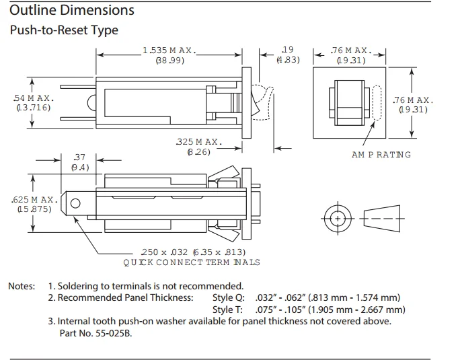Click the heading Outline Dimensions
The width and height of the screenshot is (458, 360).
[72, 10]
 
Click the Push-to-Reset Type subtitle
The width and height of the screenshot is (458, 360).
[64, 30]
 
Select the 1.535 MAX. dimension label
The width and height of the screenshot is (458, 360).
[169, 50]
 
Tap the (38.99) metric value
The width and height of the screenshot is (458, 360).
[169, 61]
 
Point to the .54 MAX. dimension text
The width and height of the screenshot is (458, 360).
[34, 98]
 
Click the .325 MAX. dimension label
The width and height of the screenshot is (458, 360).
[199, 142]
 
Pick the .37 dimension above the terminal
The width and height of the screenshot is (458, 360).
[79, 157]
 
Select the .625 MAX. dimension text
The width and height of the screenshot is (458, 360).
[34, 200]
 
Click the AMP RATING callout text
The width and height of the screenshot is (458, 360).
[381, 155]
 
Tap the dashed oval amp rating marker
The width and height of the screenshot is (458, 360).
[377, 102]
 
